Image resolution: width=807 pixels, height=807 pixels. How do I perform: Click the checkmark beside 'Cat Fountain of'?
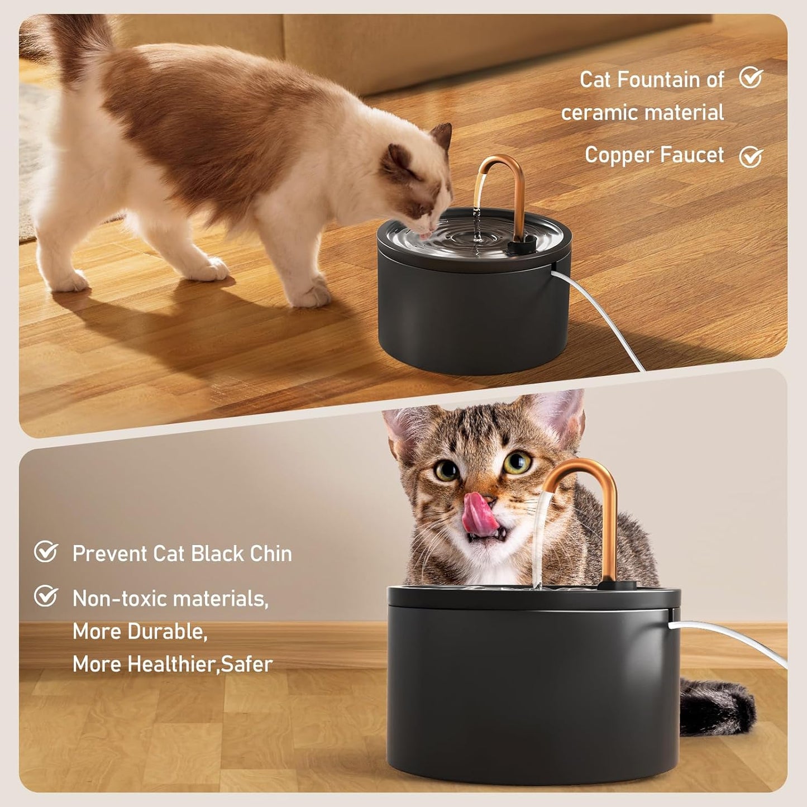point(751,78)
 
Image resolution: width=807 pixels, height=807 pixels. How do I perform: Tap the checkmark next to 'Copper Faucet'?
point(751,157)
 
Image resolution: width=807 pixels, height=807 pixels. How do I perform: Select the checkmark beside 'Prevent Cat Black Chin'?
point(46,552)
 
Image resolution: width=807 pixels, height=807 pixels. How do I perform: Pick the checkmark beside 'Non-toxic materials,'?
point(46,596)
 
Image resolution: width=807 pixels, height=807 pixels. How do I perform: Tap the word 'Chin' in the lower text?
point(271,553)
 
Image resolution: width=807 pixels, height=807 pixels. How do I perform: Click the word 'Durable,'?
point(168,632)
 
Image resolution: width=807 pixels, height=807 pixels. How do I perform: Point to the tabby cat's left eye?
point(446,470)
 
